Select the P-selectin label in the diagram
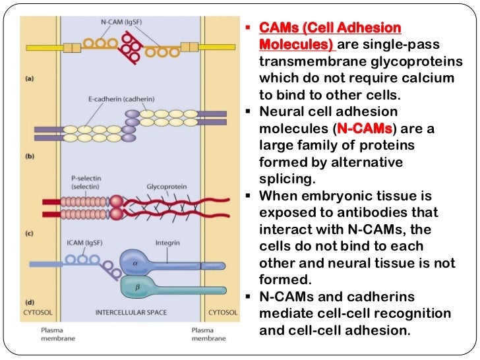point(84,179)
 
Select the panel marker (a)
point(30,78)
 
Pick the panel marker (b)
point(30,158)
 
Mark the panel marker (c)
point(30,233)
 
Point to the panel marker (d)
point(30,303)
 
